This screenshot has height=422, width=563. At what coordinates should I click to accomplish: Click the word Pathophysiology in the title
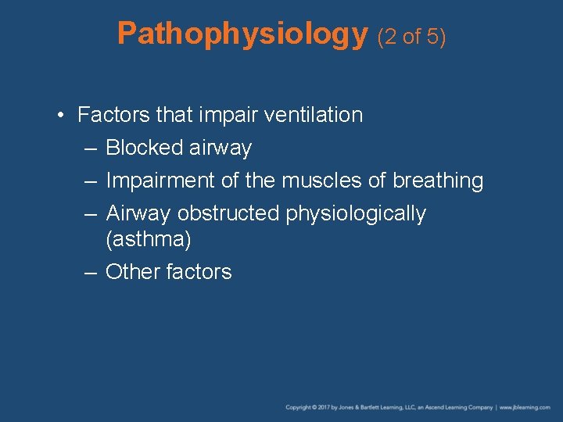click(242, 34)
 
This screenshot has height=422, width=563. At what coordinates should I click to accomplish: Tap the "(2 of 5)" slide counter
click(411, 36)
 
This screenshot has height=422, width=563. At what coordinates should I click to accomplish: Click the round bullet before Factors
click(60, 116)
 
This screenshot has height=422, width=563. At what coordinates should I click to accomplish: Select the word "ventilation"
click(314, 115)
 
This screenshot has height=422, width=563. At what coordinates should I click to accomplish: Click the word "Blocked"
click(142, 148)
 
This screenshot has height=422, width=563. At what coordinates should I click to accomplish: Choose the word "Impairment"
click(160, 181)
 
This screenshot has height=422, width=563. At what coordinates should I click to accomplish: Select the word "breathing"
click(438, 181)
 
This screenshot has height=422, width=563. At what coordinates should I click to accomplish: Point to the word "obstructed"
click(228, 213)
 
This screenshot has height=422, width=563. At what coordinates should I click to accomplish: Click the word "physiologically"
click(356, 214)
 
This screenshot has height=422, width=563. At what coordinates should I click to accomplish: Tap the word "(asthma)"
click(148, 238)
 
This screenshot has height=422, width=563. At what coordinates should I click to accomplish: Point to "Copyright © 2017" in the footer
click(307, 407)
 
